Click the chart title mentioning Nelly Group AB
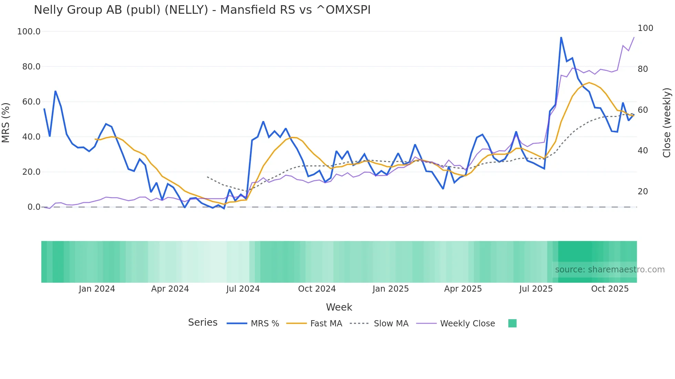[x=202, y=10]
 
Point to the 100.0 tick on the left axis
[x=29, y=32]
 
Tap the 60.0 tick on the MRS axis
[x=31, y=102]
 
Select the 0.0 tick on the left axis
[x=34, y=207]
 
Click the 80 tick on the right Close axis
[x=643, y=69]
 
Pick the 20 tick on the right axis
[x=643, y=192]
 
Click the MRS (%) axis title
[x=6, y=122]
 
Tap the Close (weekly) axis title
[x=667, y=122]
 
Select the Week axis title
[x=339, y=307]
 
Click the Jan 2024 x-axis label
[x=97, y=289]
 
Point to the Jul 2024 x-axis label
[x=243, y=289]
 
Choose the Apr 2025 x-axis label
[x=463, y=289]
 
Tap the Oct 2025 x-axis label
[x=610, y=289]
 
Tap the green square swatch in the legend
[x=512, y=323]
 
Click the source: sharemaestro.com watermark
[x=610, y=270]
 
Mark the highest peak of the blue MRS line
[x=561, y=37]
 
